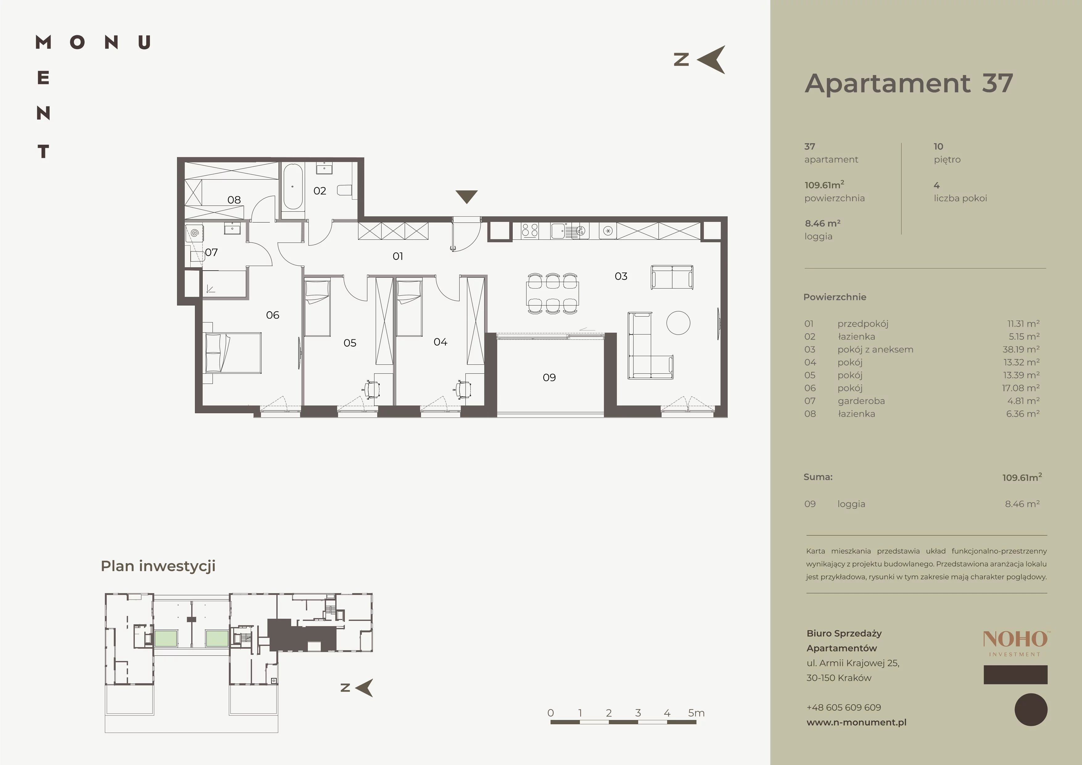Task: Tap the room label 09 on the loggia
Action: tap(549, 377)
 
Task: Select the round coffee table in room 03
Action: tap(678, 323)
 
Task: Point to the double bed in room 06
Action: tap(232, 353)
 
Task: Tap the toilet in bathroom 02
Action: tap(346, 190)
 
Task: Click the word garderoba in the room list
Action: tap(861, 401)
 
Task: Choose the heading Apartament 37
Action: tap(909, 83)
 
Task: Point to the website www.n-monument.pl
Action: tap(856, 722)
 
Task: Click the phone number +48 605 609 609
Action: tap(844, 708)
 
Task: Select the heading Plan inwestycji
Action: tap(158, 566)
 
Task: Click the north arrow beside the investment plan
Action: tap(364, 688)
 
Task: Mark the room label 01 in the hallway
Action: tap(398, 256)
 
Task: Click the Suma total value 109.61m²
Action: tap(1022, 477)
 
